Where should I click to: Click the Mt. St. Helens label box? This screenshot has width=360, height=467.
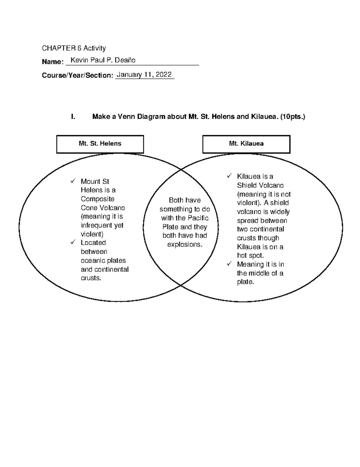100,144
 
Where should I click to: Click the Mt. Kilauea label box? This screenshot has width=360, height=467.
246,144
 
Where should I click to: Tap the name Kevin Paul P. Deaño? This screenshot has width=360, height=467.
103,60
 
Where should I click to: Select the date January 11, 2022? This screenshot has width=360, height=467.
144,75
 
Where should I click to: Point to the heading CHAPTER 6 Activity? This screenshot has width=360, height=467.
74,48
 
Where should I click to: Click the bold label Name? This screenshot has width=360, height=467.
52,62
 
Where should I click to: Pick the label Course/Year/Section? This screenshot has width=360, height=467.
77,75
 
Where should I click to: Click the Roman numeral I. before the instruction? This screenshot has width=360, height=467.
73,117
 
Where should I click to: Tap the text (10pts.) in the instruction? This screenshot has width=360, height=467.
292,117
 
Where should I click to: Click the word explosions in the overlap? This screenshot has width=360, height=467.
184,244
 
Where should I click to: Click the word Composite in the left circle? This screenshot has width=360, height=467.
97,199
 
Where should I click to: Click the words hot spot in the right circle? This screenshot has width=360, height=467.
250,256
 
